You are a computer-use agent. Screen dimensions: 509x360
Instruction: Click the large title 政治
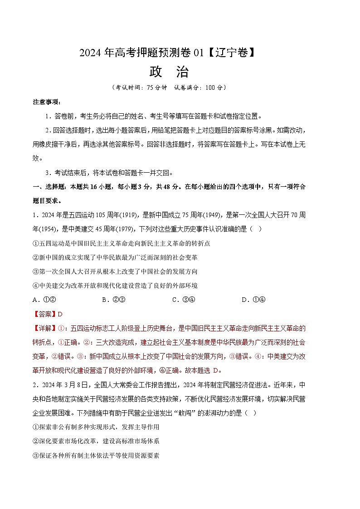click(169, 72)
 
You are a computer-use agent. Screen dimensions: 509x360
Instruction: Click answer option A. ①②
click(44, 300)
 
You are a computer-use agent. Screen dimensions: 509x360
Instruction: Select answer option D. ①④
click(253, 300)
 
